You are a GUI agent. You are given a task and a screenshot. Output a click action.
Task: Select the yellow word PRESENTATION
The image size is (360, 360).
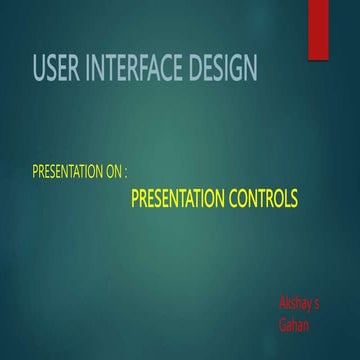(177, 199)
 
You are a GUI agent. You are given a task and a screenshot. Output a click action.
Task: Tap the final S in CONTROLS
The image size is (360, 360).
(293, 199)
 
